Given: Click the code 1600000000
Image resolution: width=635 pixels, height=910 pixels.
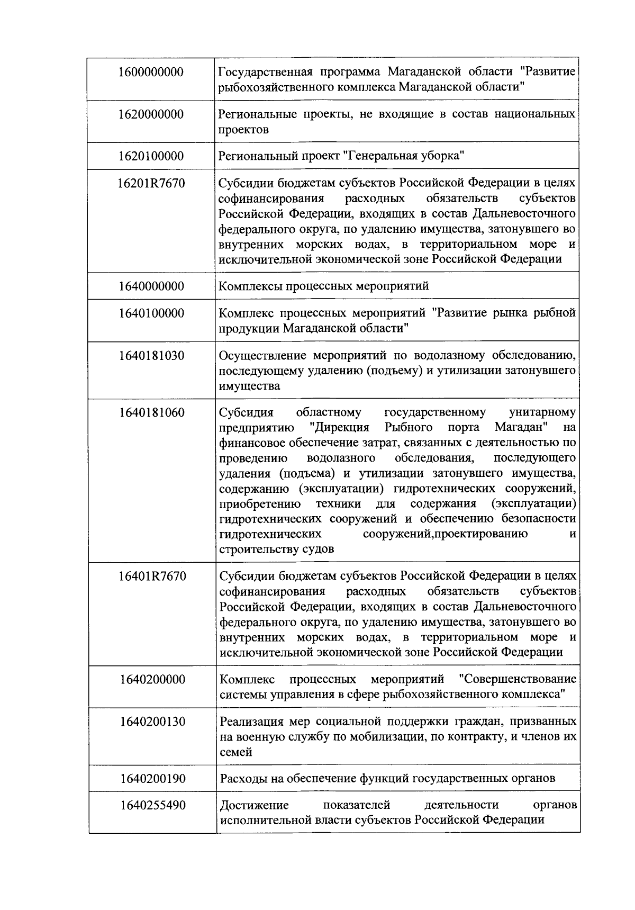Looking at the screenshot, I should (151, 72).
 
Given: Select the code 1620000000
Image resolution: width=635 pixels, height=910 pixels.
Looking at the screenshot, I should (151, 114).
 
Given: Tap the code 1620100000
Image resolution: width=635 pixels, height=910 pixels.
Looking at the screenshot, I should (151, 156).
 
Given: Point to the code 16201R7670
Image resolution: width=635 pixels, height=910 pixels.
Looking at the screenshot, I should (151, 184).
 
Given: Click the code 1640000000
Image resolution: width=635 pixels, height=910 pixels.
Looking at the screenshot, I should (151, 286).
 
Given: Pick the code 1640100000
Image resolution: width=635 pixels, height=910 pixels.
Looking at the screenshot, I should (151, 313).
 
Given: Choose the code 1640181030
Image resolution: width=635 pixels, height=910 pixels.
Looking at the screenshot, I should (151, 356).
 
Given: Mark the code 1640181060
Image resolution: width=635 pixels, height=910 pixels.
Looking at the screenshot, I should (151, 412).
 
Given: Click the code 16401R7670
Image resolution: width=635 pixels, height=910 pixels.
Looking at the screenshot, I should (152, 576).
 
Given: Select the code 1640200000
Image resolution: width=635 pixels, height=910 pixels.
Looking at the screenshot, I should (152, 679).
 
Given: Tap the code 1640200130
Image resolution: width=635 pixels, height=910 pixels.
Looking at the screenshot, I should (152, 722).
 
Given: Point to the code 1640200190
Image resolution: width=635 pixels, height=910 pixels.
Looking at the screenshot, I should (152, 779).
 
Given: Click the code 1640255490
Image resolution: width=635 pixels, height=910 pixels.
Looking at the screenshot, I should (152, 806).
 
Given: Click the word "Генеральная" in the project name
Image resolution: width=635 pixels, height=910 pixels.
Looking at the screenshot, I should (384, 156).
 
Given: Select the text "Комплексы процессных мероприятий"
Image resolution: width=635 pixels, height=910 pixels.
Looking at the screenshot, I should (324, 286).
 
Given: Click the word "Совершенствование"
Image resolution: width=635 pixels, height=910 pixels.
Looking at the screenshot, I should (518, 679).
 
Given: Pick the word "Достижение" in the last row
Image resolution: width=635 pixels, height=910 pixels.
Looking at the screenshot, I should (254, 806).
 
